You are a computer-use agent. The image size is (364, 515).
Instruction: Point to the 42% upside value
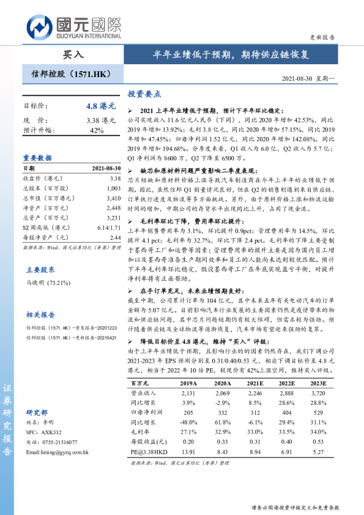(97, 131)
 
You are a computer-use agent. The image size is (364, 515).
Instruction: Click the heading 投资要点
(144, 94)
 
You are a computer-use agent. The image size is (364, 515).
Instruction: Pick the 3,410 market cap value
(113, 199)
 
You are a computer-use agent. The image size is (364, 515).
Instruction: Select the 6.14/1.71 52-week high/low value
(106, 228)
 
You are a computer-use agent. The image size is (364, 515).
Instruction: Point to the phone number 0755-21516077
(60, 442)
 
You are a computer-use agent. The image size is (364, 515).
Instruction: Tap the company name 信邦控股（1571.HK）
(70, 74)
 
